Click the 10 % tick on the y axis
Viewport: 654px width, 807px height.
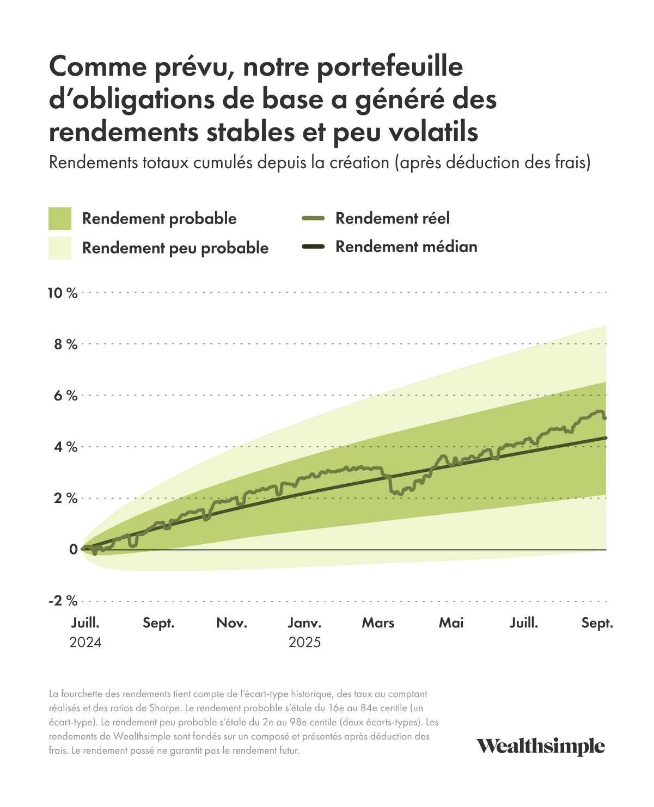tap(63, 293)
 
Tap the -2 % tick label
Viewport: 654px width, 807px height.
tap(63, 601)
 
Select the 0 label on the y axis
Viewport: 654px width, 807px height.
tap(73, 550)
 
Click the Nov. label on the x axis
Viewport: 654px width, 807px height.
tap(232, 623)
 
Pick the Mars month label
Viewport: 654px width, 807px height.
tap(378, 623)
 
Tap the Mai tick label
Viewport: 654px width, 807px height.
tap(451, 623)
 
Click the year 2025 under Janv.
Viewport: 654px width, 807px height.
tap(305, 643)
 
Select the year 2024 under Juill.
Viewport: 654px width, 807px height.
tap(85, 643)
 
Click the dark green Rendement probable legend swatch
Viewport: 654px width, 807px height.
tap(60, 218)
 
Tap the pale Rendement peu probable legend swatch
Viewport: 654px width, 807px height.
tap(60, 248)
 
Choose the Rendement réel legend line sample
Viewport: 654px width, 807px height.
tap(313, 218)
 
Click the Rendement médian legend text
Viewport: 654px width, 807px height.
tap(406, 247)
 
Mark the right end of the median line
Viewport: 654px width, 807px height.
tap(606, 438)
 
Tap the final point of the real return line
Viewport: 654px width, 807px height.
tap(605, 418)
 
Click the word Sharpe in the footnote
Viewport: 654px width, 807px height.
tap(164, 709)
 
